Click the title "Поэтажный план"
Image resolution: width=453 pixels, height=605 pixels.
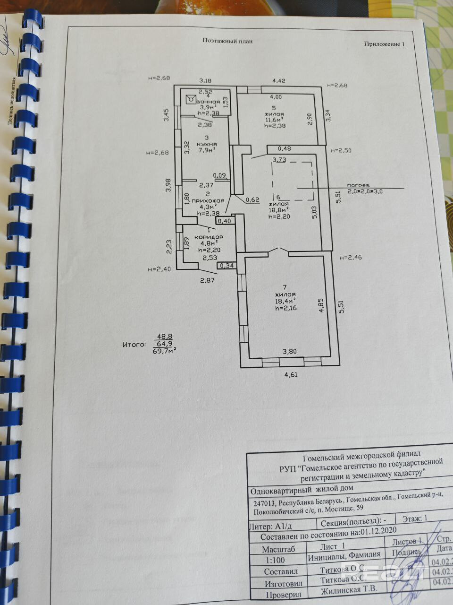coord(227,41)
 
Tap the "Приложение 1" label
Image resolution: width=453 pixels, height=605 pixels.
coord(384,44)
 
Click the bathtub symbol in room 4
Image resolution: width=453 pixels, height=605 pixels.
coord(190,99)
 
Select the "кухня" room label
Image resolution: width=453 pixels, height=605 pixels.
coord(208,144)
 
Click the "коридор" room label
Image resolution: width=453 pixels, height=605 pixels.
coord(209,236)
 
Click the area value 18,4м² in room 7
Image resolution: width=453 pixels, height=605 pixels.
coord(285,301)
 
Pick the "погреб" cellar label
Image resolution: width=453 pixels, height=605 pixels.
coord(358,185)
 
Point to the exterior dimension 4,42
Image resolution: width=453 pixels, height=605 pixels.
coord(278,81)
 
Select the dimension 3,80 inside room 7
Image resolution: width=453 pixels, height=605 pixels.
coord(290,351)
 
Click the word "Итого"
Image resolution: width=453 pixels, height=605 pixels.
coord(134,345)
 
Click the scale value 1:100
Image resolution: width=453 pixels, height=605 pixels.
coord(276,561)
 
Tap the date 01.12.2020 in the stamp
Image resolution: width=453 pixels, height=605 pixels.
coord(379,530)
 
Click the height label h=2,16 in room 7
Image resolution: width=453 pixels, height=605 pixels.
coord(285,308)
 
